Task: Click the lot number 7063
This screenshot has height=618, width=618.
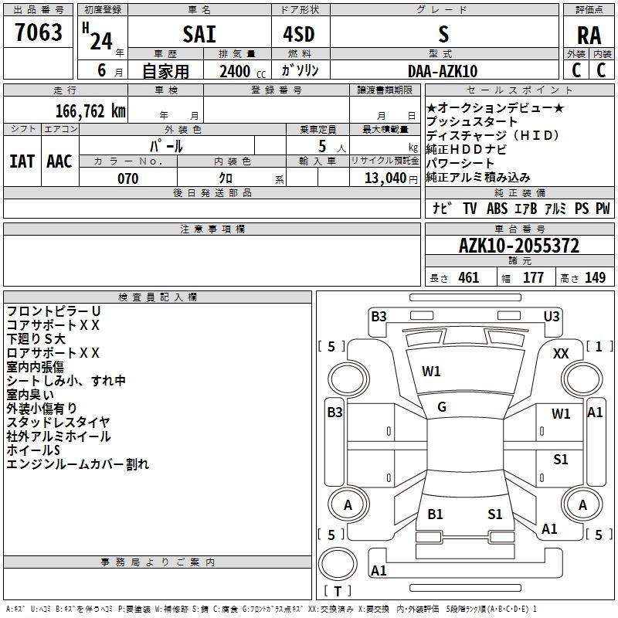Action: click(x=39, y=32)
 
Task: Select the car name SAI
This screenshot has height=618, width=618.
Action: click(x=199, y=35)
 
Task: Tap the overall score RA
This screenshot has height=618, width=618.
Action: click(x=589, y=35)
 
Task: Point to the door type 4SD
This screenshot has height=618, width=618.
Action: click(x=300, y=35)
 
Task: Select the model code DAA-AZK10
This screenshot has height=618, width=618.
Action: click(x=443, y=72)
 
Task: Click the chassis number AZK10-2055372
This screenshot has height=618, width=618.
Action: click(x=518, y=246)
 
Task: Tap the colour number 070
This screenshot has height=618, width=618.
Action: click(x=127, y=178)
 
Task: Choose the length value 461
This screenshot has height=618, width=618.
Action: click(x=468, y=278)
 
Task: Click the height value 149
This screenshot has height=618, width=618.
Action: click(x=595, y=278)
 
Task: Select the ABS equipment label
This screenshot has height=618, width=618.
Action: click(x=497, y=209)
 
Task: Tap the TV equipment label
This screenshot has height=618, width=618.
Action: click(x=470, y=209)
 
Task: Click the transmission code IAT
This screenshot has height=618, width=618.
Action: click(x=22, y=161)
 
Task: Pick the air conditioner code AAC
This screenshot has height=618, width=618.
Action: click(x=59, y=161)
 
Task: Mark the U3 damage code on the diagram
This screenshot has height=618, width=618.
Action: click(x=552, y=316)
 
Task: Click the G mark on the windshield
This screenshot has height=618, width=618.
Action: click(x=442, y=407)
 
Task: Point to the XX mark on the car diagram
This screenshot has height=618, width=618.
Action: click(x=562, y=354)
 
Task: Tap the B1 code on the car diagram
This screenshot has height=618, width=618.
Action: click(x=435, y=514)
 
